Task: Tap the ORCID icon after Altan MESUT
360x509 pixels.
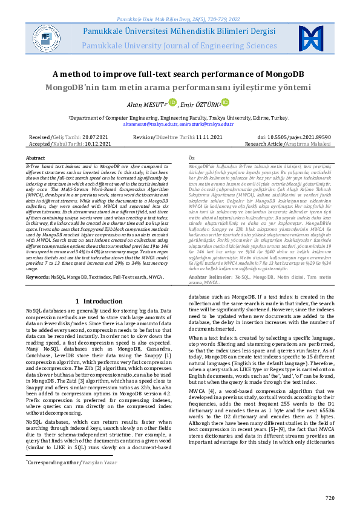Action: (172, 103)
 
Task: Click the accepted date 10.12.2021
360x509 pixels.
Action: (97, 144)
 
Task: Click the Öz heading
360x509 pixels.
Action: (192, 157)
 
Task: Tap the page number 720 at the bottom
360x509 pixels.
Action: (329, 498)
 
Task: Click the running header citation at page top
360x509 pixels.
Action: (180, 5)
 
